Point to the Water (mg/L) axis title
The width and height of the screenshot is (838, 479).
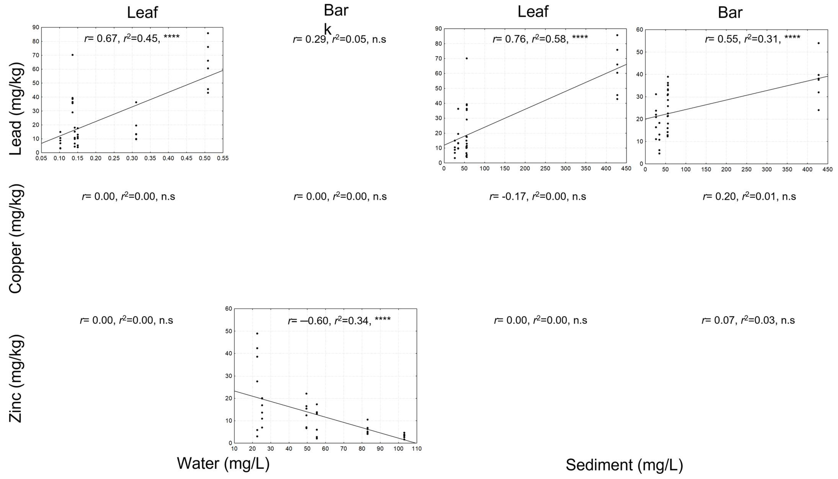[223, 463]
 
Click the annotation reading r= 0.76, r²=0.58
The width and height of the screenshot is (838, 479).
[540, 39]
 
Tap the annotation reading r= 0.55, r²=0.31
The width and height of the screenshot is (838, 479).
[752, 39]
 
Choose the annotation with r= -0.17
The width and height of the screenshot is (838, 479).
[537, 196]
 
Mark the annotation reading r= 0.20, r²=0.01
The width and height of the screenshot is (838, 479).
[749, 196]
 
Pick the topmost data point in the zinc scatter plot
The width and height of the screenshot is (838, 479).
[257, 333]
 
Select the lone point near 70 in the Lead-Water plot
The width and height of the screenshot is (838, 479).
[72, 55]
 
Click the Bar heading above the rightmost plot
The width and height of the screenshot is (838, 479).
[730, 12]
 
